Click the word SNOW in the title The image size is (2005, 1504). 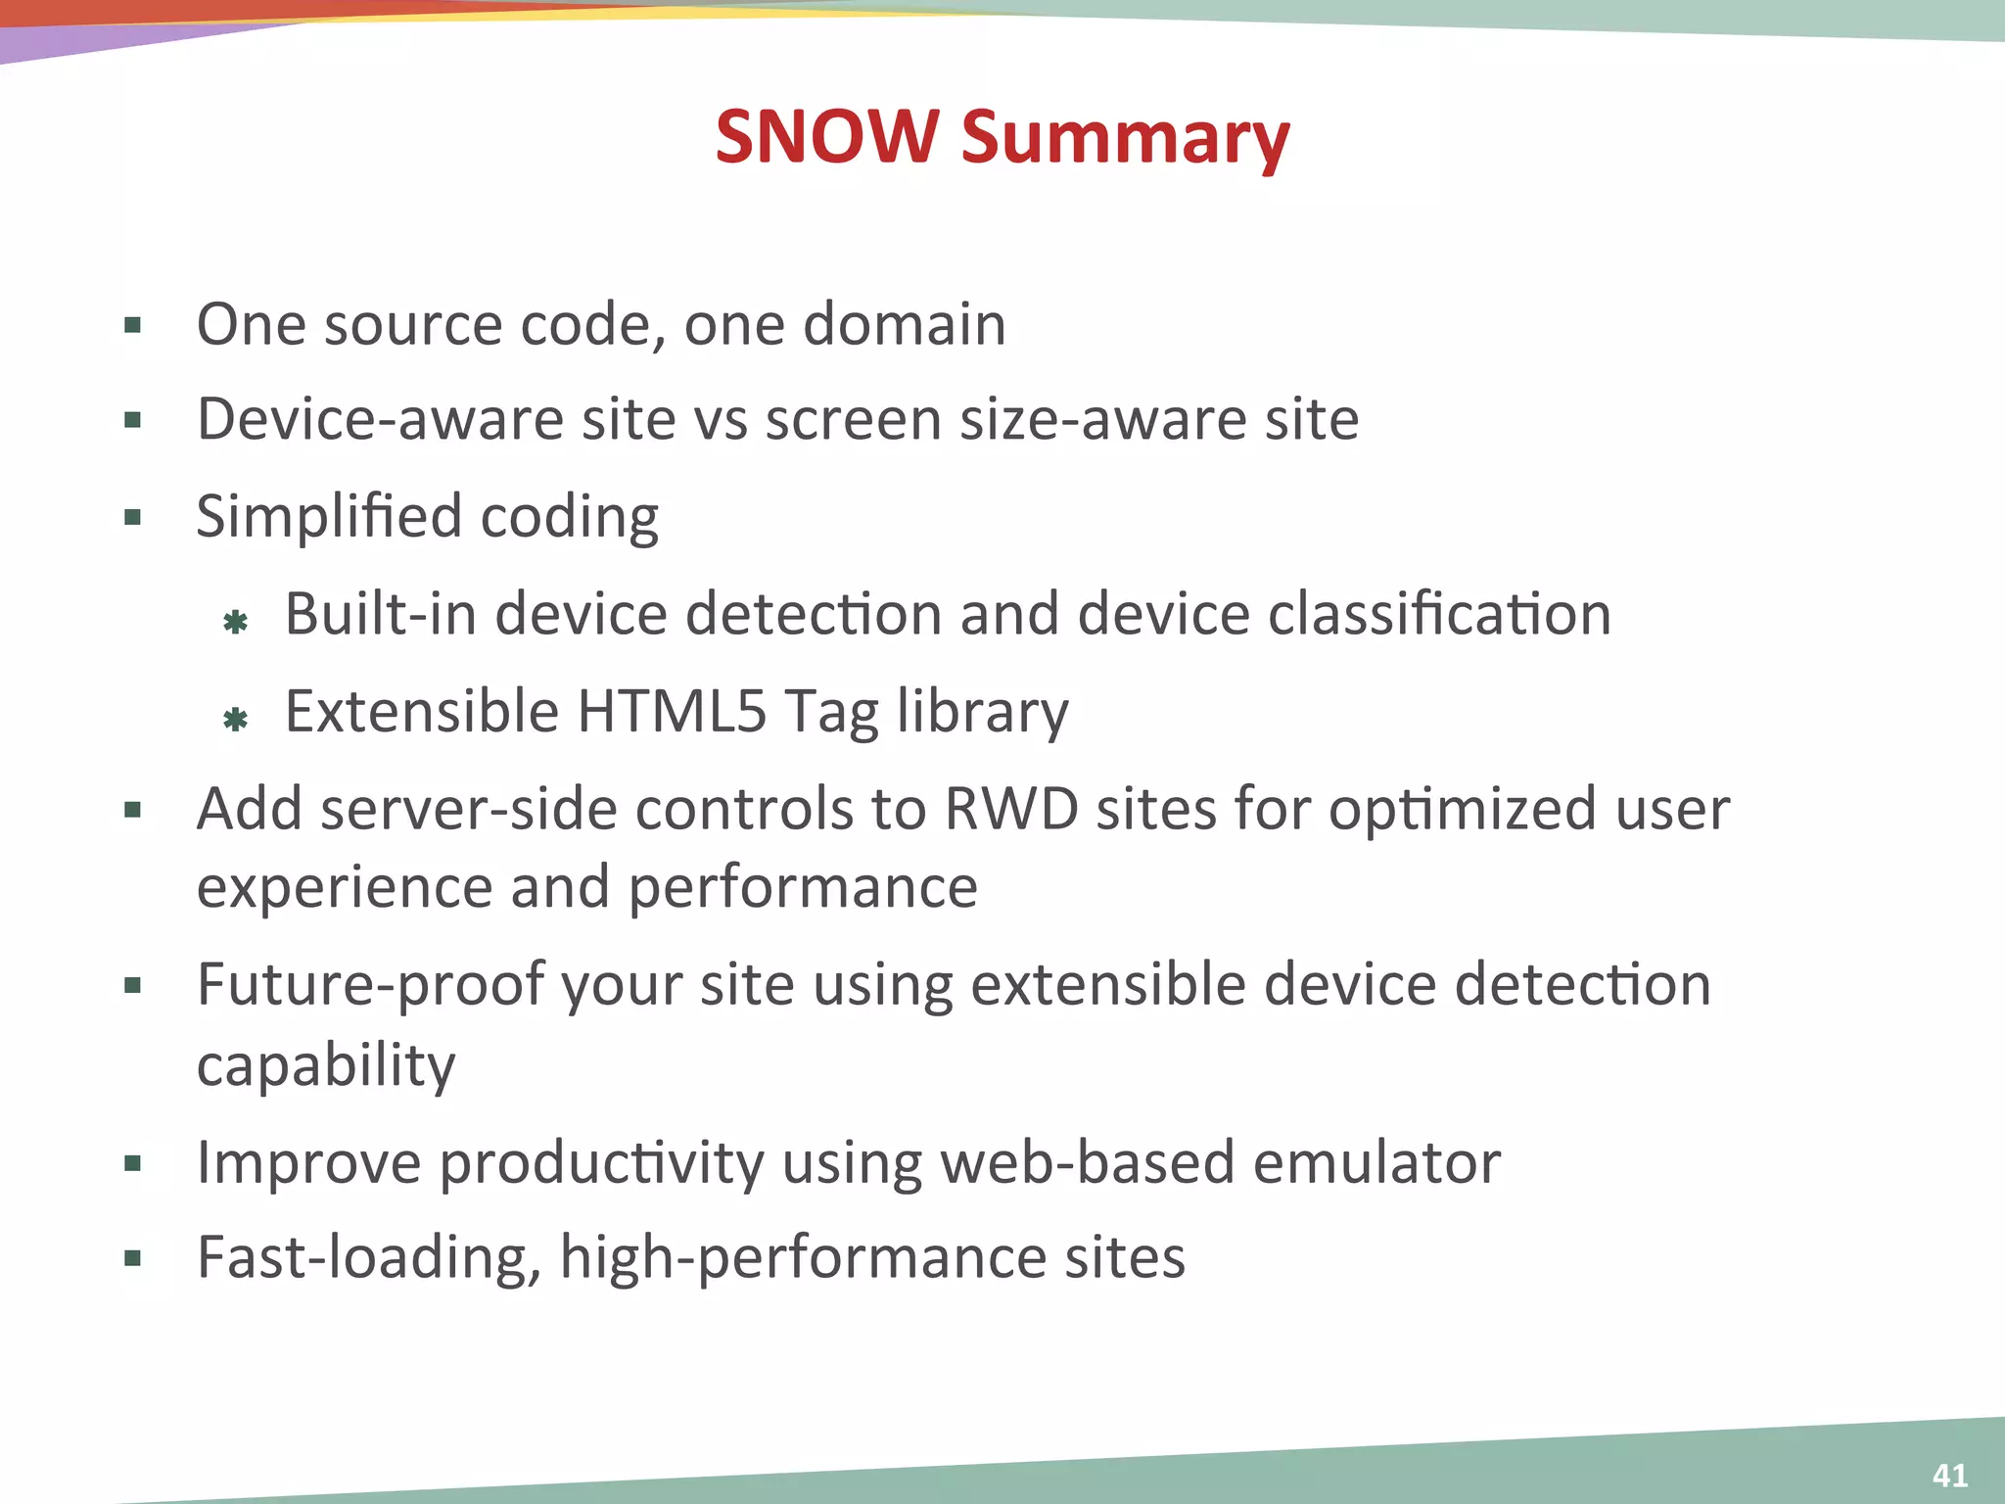pos(826,136)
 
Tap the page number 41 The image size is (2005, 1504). pos(1950,1476)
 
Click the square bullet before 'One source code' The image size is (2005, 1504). pos(133,325)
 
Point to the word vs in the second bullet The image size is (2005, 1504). pos(720,420)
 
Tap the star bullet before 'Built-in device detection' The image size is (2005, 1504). pos(235,622)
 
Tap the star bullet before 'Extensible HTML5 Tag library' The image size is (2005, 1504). pos(235,721)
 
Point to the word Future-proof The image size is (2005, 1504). pos(370,985)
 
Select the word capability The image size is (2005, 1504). pos(326,1065)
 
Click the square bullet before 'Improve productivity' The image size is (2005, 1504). pos(133,1164)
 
